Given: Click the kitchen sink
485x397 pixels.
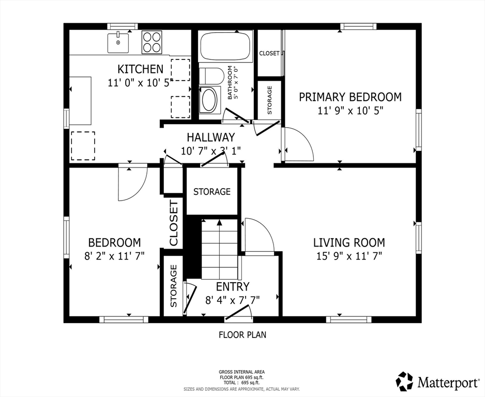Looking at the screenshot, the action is pos(118,42).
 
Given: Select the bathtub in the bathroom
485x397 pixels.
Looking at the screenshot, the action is pos(225,46).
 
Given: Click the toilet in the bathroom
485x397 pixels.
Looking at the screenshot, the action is pos(211,76).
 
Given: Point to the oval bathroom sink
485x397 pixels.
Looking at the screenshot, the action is pos(209,100).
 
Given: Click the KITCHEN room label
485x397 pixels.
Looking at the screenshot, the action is pos(141,69).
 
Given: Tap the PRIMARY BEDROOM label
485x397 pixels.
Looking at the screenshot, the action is pos(350,97).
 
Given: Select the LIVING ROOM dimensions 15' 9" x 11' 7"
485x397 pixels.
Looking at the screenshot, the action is pos(349,256).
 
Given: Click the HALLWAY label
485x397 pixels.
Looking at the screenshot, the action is pos(210,137).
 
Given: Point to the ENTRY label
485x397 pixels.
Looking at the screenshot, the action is pos(233,286).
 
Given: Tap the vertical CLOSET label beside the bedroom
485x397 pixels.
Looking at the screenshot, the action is pos(174,223).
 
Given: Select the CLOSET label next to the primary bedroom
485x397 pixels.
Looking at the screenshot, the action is pos(269,53).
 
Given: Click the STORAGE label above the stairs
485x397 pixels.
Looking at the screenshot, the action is pos(212,192).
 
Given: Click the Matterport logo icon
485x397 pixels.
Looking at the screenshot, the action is pos(404,381).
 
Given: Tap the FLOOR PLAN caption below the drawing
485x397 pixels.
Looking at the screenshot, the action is pos(242,334).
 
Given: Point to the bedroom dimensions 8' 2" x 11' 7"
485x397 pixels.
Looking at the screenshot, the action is pos(114,256).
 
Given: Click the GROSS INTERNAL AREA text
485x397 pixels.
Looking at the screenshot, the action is pos(241,372).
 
